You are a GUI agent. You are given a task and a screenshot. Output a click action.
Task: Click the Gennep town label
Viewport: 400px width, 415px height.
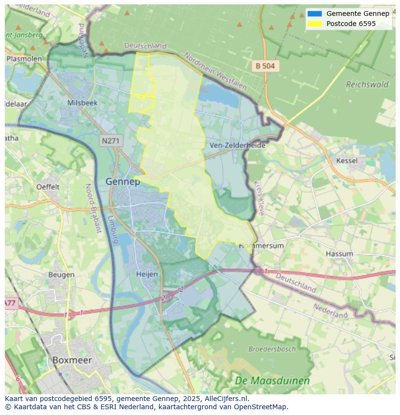tap(123, 182)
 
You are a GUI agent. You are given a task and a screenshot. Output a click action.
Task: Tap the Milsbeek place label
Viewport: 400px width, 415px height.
tap(82, 103)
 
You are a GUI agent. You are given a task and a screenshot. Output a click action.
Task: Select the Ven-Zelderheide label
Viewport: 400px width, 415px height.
tap(237, 145)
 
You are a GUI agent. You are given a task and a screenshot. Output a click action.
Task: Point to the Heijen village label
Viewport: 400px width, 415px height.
tap(147, 274)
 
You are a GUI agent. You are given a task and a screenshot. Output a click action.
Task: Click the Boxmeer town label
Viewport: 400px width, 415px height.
tap(71, 360)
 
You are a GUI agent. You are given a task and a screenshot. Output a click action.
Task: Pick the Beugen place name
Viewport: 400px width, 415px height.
tap(61, 275)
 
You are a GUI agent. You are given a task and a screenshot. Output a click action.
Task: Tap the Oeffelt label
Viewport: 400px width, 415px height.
tap(48, 187)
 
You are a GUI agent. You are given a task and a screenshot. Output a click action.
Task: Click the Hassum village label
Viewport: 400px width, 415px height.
tap(339, 254)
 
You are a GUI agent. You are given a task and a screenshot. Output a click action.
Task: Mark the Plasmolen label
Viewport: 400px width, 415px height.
tap(24, 59)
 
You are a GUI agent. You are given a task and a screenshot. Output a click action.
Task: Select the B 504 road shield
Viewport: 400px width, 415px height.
tap(265, 66)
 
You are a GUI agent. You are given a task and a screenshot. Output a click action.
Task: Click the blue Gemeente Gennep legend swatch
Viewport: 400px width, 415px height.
tap(314, 13)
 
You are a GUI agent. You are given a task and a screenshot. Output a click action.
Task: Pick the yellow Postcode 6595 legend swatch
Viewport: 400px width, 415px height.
tap(314, 24)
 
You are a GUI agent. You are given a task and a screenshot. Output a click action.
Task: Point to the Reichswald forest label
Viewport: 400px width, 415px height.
tap(367, 84)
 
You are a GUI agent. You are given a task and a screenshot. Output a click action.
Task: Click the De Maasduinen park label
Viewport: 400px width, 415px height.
tap(272, 381)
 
